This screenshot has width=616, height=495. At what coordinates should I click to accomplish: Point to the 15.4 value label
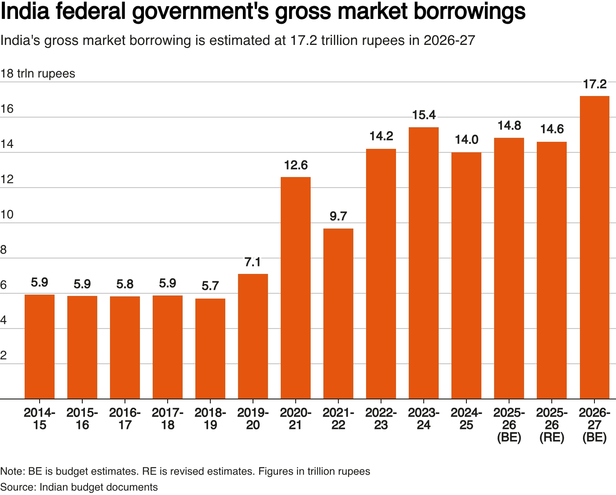coord(424,115)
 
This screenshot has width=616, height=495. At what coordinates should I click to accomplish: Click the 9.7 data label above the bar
coord(338,216)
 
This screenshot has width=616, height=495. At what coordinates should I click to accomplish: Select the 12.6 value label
coord(296,165)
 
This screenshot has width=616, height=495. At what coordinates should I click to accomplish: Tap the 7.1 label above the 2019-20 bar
coord(253,262)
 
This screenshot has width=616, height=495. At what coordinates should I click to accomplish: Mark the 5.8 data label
coord(125,284)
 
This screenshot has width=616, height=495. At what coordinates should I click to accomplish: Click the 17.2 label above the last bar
coord(594,84)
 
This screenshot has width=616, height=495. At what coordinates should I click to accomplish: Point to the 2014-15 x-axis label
coord(40,419)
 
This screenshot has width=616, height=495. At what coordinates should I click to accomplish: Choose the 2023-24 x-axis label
coord(424,419)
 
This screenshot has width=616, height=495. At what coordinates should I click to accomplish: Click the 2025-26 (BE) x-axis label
coord(509,425)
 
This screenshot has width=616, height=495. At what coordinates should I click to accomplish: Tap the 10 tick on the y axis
coord(7,214)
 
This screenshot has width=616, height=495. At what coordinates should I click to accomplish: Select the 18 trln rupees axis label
coord(38,74)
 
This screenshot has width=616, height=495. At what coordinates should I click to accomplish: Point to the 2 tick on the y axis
coord(4,355)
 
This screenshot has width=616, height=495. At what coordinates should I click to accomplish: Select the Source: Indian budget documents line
coord(79,487)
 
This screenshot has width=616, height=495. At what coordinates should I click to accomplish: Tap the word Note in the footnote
coord(12,471)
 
